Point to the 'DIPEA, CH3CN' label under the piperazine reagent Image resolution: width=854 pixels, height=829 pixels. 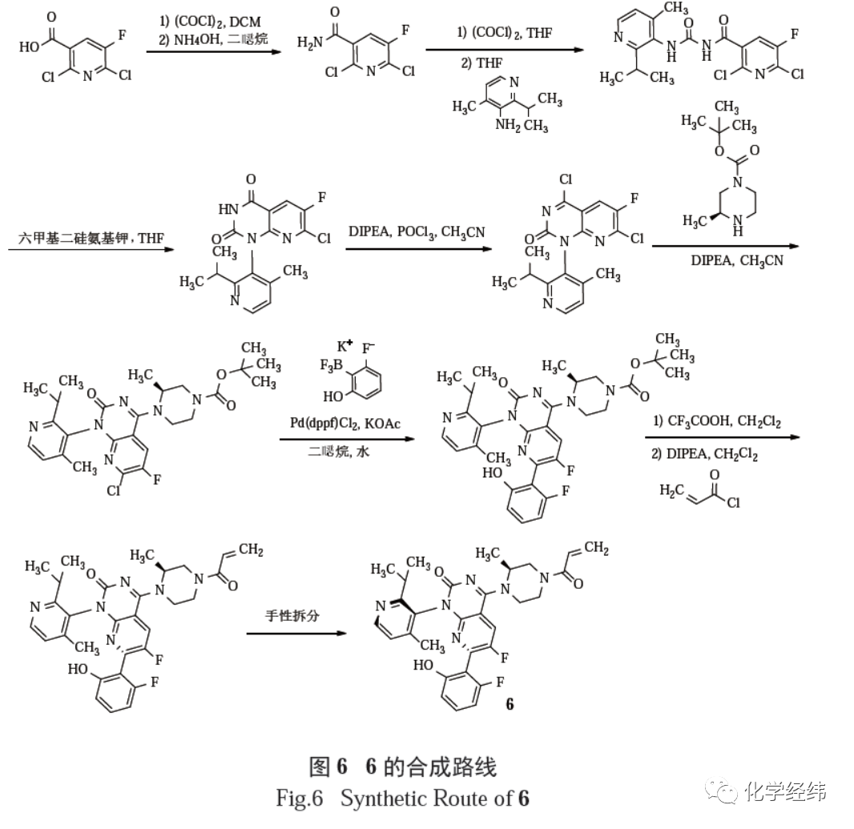tap(734, 260)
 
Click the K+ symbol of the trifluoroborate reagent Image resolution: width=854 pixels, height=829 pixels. tap(345, 347)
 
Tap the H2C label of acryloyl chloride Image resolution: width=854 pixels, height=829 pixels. tap(669, 489)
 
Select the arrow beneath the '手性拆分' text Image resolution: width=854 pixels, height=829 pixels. tap(297, 634)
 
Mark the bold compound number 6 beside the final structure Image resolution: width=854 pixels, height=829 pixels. tap(510, 704)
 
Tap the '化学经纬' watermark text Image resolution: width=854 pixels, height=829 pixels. tap(784, 791)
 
